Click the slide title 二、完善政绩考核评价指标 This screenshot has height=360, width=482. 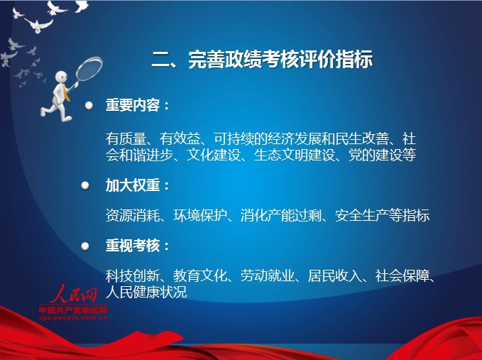click(262, 59)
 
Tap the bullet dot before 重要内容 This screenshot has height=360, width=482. click(89, 106)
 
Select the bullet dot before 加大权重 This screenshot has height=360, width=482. click(85, 185)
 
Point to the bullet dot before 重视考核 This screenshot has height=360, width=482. click(85, 246)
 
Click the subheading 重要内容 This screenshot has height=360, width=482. click(133, 105)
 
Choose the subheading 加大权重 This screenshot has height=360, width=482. click(133, 185)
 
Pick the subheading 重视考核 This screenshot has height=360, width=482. click(133, 246)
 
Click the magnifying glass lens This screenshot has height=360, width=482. click(89, 68)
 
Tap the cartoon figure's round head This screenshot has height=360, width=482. click(62, 77)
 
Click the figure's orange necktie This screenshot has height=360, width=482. click(66, 93)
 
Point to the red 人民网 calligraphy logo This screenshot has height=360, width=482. click(73, 294)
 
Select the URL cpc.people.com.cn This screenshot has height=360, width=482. click(73, 317)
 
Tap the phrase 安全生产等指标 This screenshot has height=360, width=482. click(382, 215)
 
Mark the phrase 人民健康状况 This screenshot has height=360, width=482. click(146, 292)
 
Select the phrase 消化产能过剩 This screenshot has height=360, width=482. click(281, 215)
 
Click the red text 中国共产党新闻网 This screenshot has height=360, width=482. click(73, 310)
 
